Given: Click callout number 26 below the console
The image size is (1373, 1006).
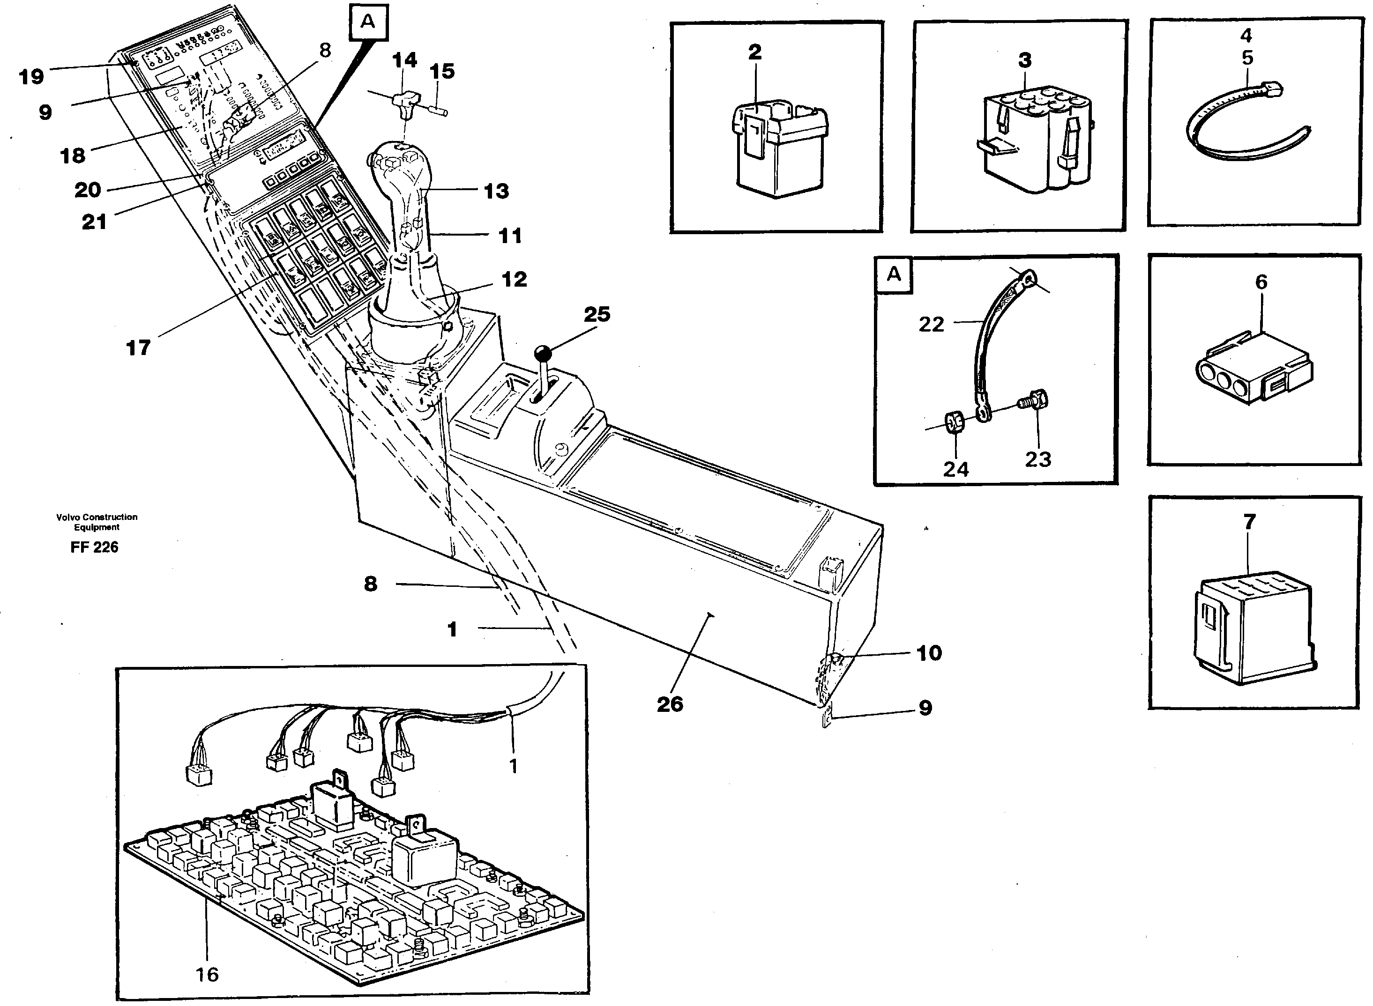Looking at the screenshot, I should (670, 704).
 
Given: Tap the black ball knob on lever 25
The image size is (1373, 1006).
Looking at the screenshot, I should (542, 354).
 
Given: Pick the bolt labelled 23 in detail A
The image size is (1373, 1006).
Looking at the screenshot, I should (1034, 401).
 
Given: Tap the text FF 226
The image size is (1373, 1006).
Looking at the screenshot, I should (94, 547).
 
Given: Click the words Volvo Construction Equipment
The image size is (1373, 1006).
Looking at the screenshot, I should (97, 522).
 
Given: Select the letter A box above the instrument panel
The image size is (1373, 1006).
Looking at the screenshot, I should (368, 22).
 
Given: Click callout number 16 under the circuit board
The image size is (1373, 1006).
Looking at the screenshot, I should (207, 974).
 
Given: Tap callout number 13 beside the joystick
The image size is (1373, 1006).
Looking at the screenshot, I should (496, 191).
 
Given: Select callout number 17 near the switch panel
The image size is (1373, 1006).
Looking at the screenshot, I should (138, 348).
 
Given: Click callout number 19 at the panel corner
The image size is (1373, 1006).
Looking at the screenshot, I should (31, 77).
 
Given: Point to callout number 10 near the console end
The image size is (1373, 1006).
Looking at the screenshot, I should (929, 653).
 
